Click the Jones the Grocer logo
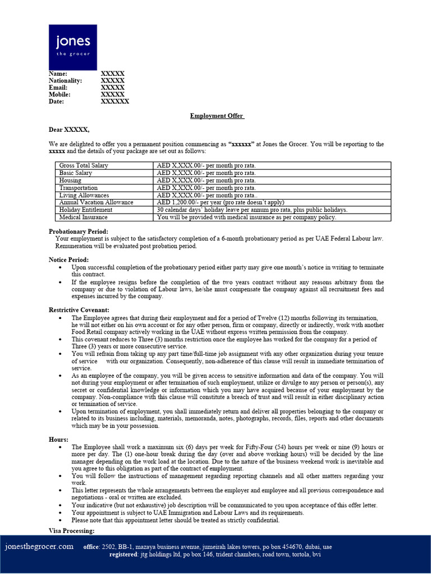[x=72, y=47]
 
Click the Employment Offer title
[x=217, y=116]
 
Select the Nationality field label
[x=65, y=81]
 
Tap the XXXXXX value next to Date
[x=114, y=101]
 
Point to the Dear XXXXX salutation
[x=68, y=129]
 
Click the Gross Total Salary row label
[x=84, y=166]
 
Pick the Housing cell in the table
[x=70, y=180]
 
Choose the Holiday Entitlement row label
[x=85, y=210]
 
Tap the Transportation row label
[x=78, y=188]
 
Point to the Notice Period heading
[x=68, y=260]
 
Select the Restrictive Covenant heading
[x=79, y=310]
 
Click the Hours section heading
[x=58, y=440]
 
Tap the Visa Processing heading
[x=71, y=531]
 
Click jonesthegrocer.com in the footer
[x=39, y=547]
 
